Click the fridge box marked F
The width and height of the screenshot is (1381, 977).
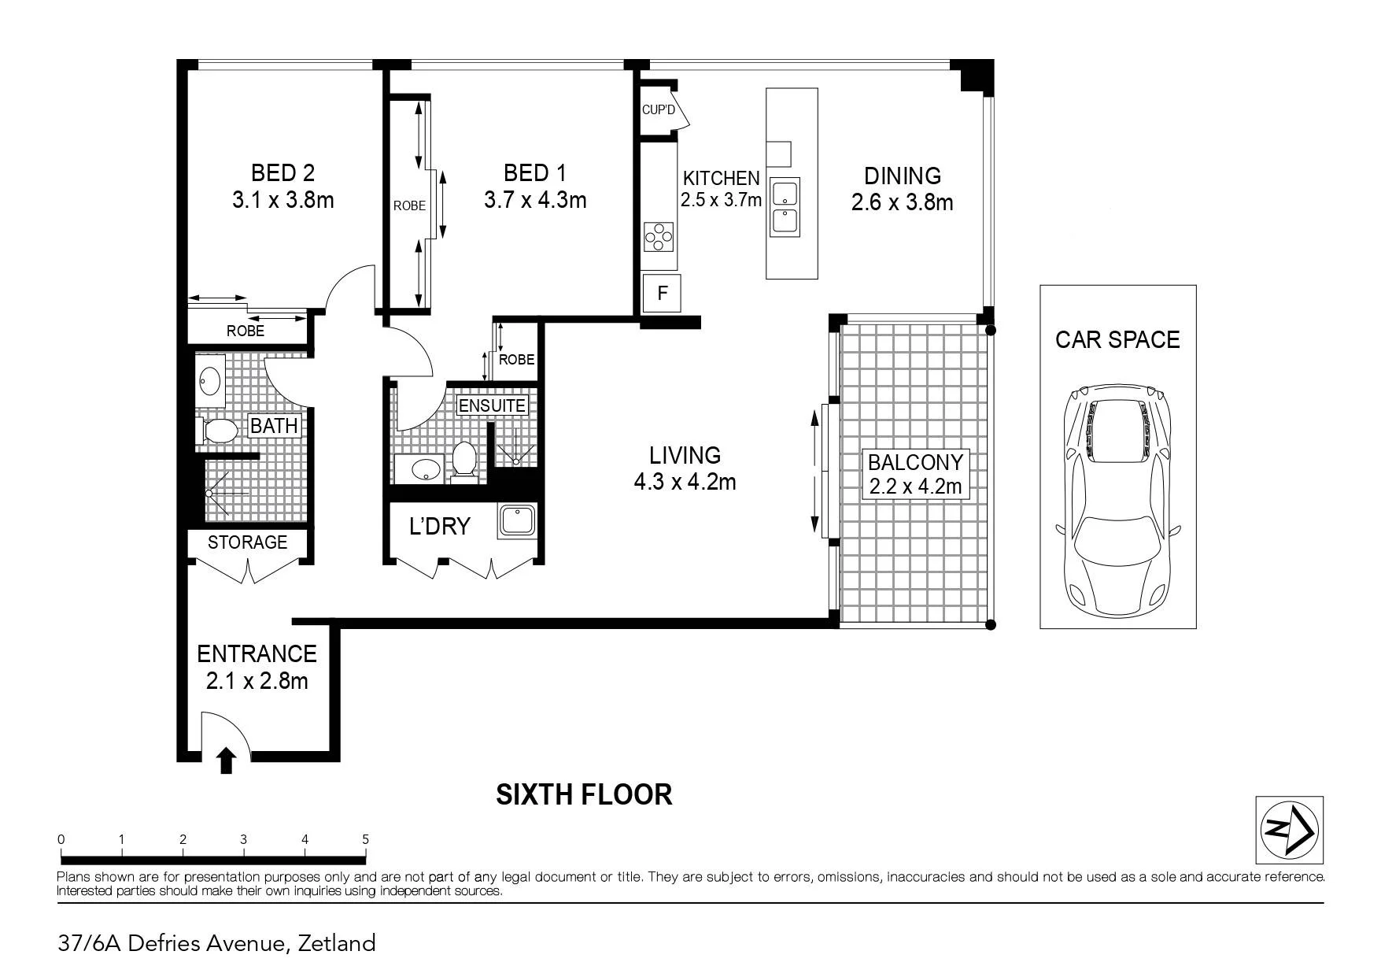662,294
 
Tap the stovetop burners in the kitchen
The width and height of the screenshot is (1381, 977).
659,237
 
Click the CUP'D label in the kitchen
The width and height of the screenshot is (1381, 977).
659,109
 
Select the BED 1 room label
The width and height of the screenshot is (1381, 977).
535,172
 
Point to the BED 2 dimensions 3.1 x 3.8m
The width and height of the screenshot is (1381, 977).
283,200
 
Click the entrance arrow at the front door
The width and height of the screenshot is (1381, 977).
227,761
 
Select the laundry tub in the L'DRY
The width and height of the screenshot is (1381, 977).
516,521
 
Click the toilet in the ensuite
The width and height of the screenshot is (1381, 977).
463,459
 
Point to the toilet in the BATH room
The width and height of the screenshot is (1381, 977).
216,431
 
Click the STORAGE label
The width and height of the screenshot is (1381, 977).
247,542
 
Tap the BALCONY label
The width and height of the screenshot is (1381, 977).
915,461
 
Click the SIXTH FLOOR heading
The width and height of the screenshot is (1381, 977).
584,795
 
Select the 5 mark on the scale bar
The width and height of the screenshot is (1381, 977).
366,839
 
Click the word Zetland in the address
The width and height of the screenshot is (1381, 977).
336,943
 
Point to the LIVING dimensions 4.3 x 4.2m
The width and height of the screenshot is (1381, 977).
685,482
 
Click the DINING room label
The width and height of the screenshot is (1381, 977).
903,176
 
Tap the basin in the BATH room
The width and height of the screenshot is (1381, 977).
210,381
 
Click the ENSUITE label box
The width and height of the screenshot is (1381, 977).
493,405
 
